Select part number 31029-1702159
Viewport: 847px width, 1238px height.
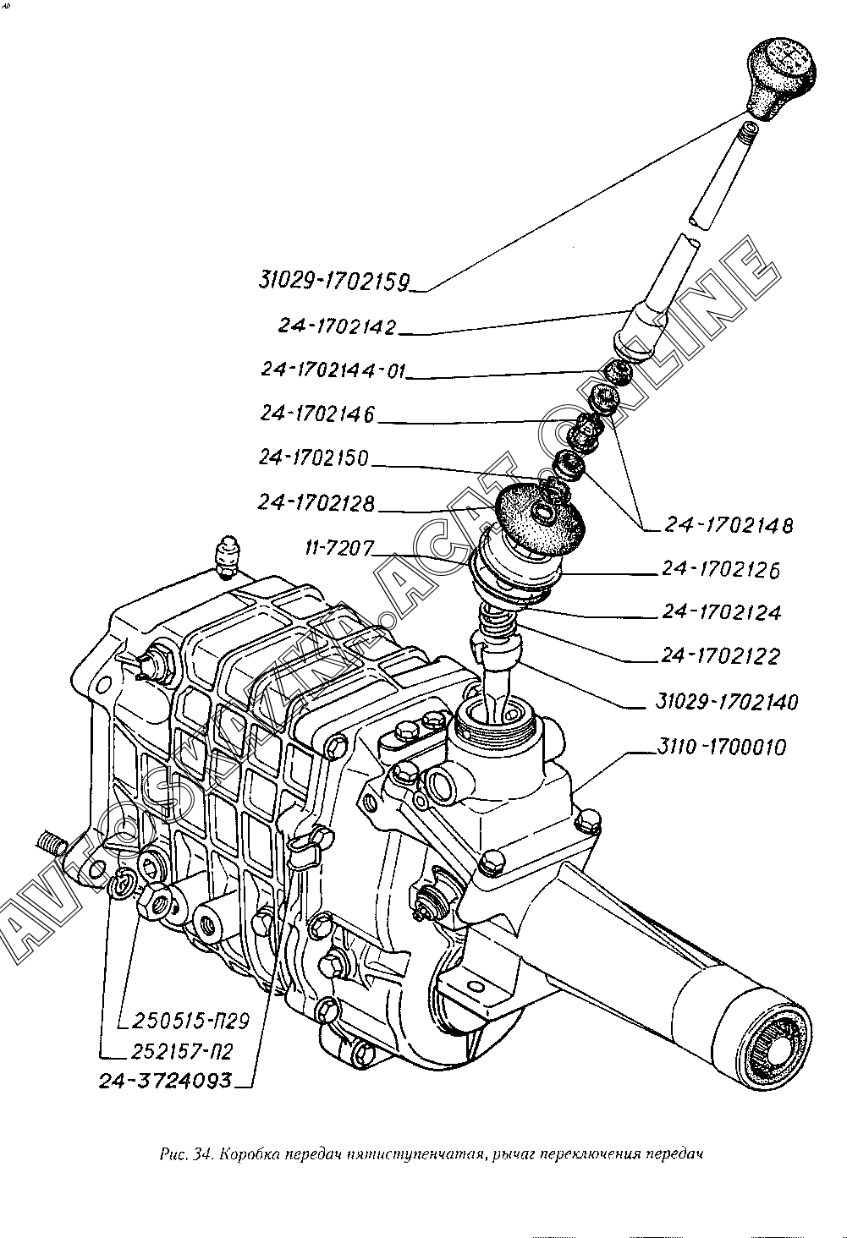(334, 279)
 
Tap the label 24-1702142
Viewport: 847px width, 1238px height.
(337, 326)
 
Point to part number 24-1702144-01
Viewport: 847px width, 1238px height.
(334, 370)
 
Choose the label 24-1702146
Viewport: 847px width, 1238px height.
(317, 414)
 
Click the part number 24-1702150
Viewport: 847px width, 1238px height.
(314, 458)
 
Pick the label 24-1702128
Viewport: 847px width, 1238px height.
(317, 503)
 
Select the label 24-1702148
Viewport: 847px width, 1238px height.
(729, 525)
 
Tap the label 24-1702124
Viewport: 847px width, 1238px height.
(722, 612)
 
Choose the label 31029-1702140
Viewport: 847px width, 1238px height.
(727, 702)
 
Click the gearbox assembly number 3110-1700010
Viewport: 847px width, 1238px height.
(720, 748)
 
